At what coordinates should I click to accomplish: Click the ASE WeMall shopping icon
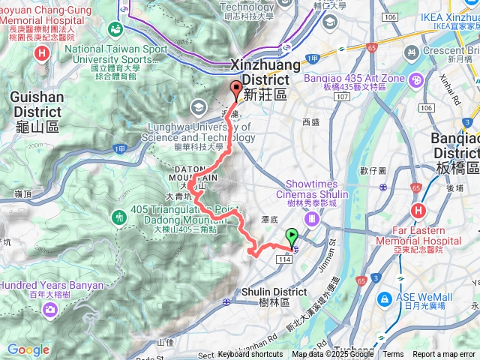click(x=385, y=298)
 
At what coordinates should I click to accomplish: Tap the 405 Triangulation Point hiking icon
click(x=119, y=217)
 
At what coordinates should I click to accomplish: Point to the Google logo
click(x=28, y=349)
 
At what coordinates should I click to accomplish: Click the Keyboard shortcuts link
click(x=250, y=355)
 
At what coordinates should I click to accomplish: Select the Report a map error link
click(x=444, y=355)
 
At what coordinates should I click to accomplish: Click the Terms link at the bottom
click(x=393, y=355)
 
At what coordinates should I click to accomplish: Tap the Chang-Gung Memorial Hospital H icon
click(x=41, y=53)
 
